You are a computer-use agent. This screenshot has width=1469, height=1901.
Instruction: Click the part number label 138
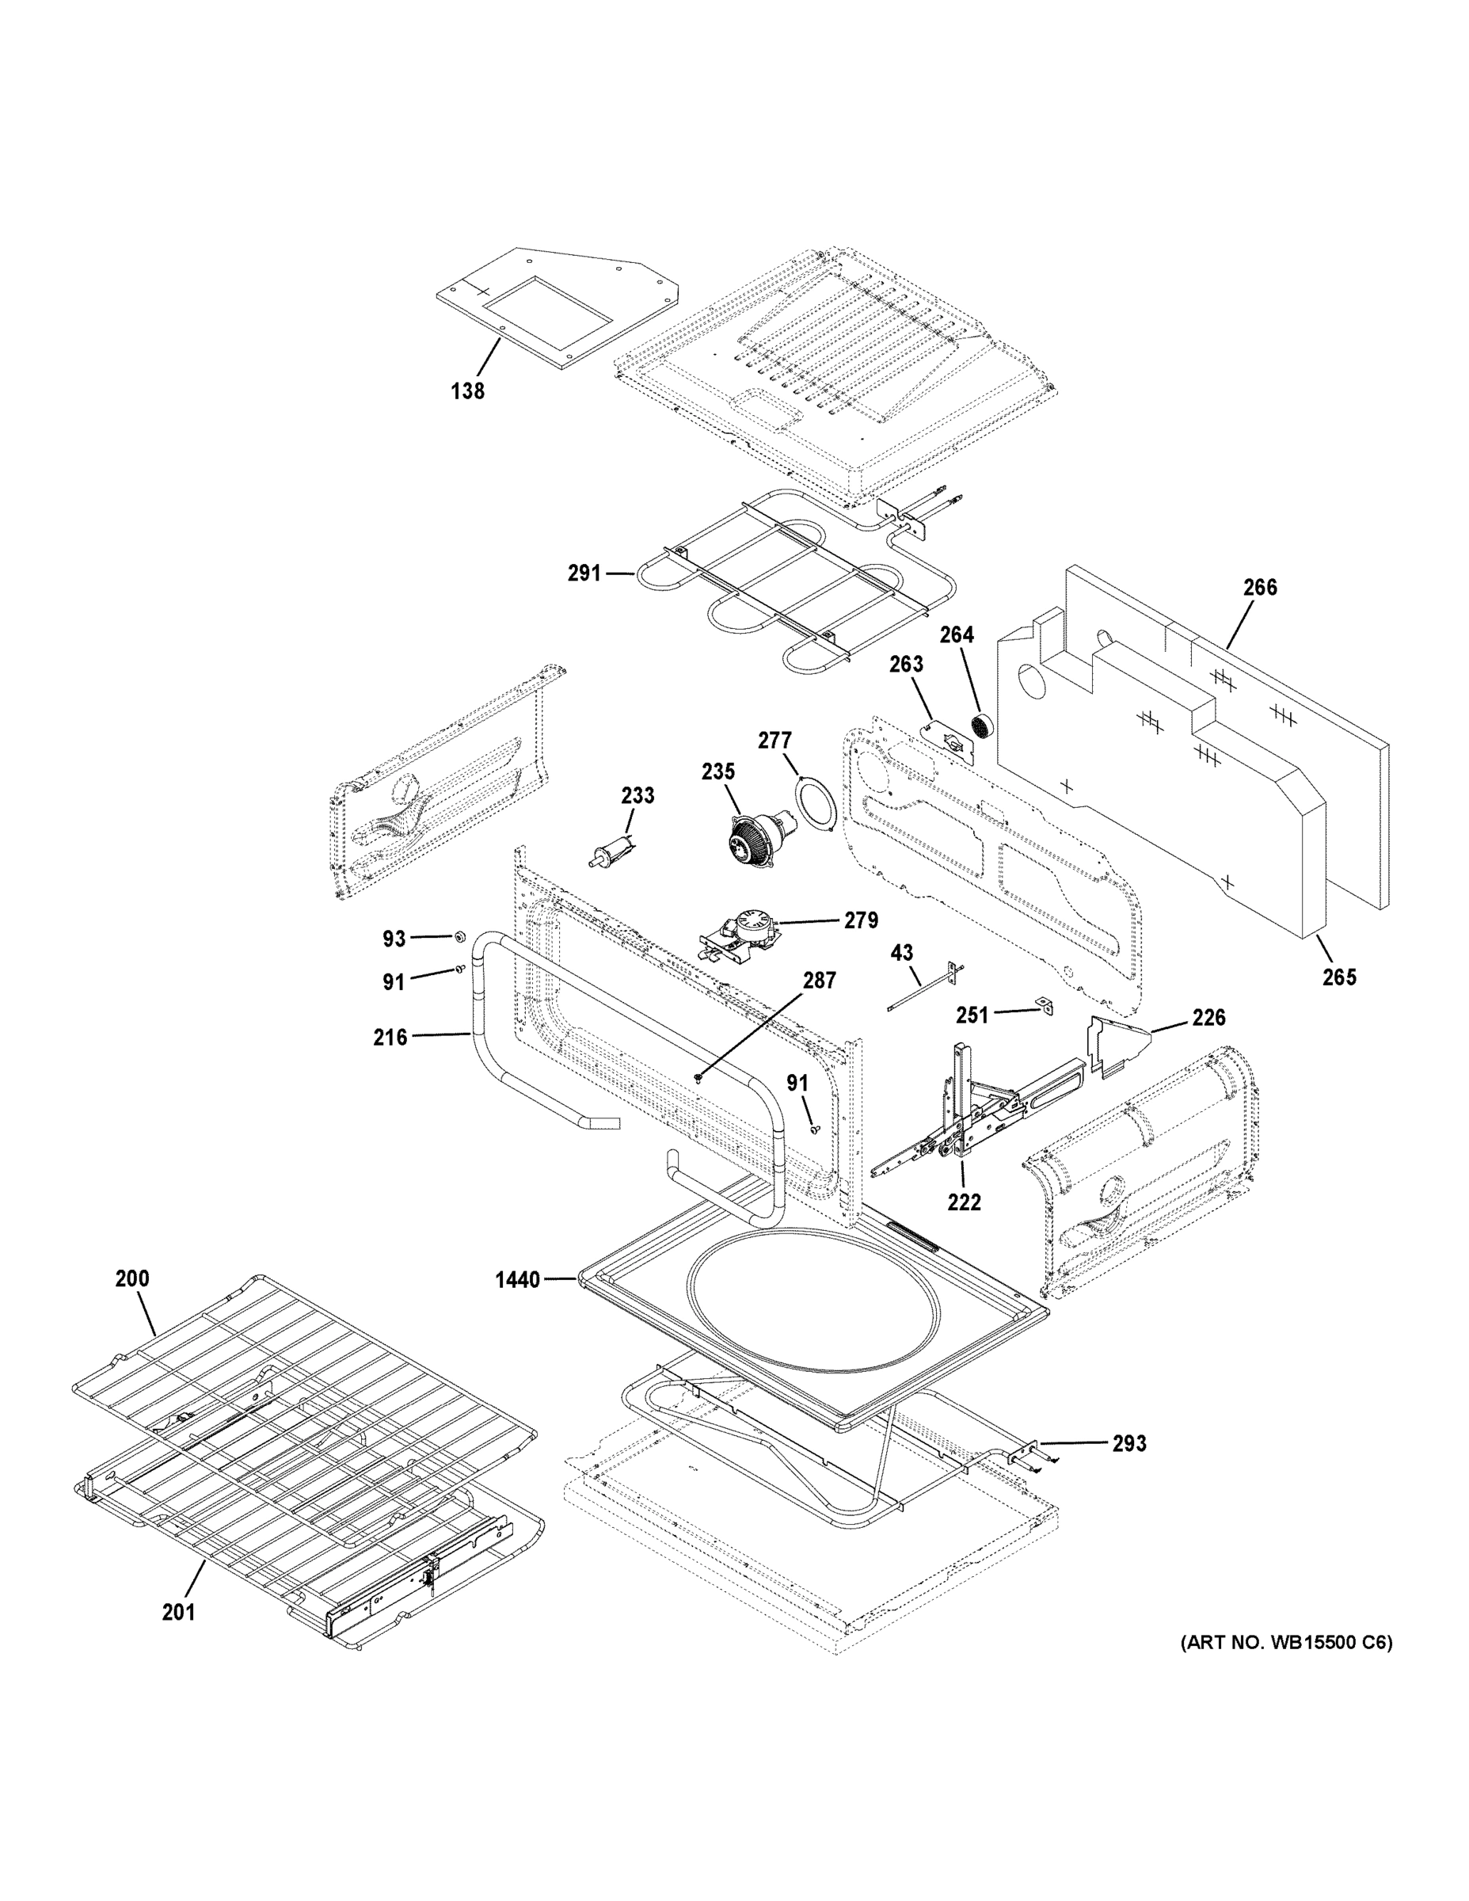click(467, 392)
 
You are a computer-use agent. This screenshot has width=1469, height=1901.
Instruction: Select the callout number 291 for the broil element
click(584, 573)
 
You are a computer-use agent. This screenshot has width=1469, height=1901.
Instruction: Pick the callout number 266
click(1259, 588)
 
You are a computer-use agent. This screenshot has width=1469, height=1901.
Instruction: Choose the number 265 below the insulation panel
click(1338, 977)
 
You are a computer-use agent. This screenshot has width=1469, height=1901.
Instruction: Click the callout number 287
click(818, 981)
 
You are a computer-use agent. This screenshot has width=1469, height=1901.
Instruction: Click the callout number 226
click(1208, 1018)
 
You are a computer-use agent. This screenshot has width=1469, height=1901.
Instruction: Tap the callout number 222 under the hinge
click(964, 1202)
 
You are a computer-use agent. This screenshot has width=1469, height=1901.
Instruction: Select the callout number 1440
click(517, 1279)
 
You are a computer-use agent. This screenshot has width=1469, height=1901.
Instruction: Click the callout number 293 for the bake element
click(1128, 1443)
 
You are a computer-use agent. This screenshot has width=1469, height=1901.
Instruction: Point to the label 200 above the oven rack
click(132, 1278)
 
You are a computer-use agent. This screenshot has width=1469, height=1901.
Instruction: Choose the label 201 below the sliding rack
click(178, 1612)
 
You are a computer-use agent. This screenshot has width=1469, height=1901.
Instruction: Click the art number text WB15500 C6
click(1286, 1643)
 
